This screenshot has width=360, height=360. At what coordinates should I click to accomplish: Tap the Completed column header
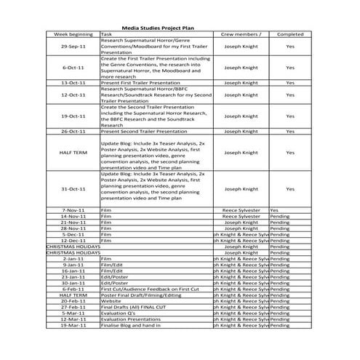290,34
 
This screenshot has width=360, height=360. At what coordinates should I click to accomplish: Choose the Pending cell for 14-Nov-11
280,216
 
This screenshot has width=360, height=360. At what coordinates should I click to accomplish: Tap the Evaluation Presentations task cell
132,319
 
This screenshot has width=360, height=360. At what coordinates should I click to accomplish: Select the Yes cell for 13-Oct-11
290,83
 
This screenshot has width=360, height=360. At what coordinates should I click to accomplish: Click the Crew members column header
240,34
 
